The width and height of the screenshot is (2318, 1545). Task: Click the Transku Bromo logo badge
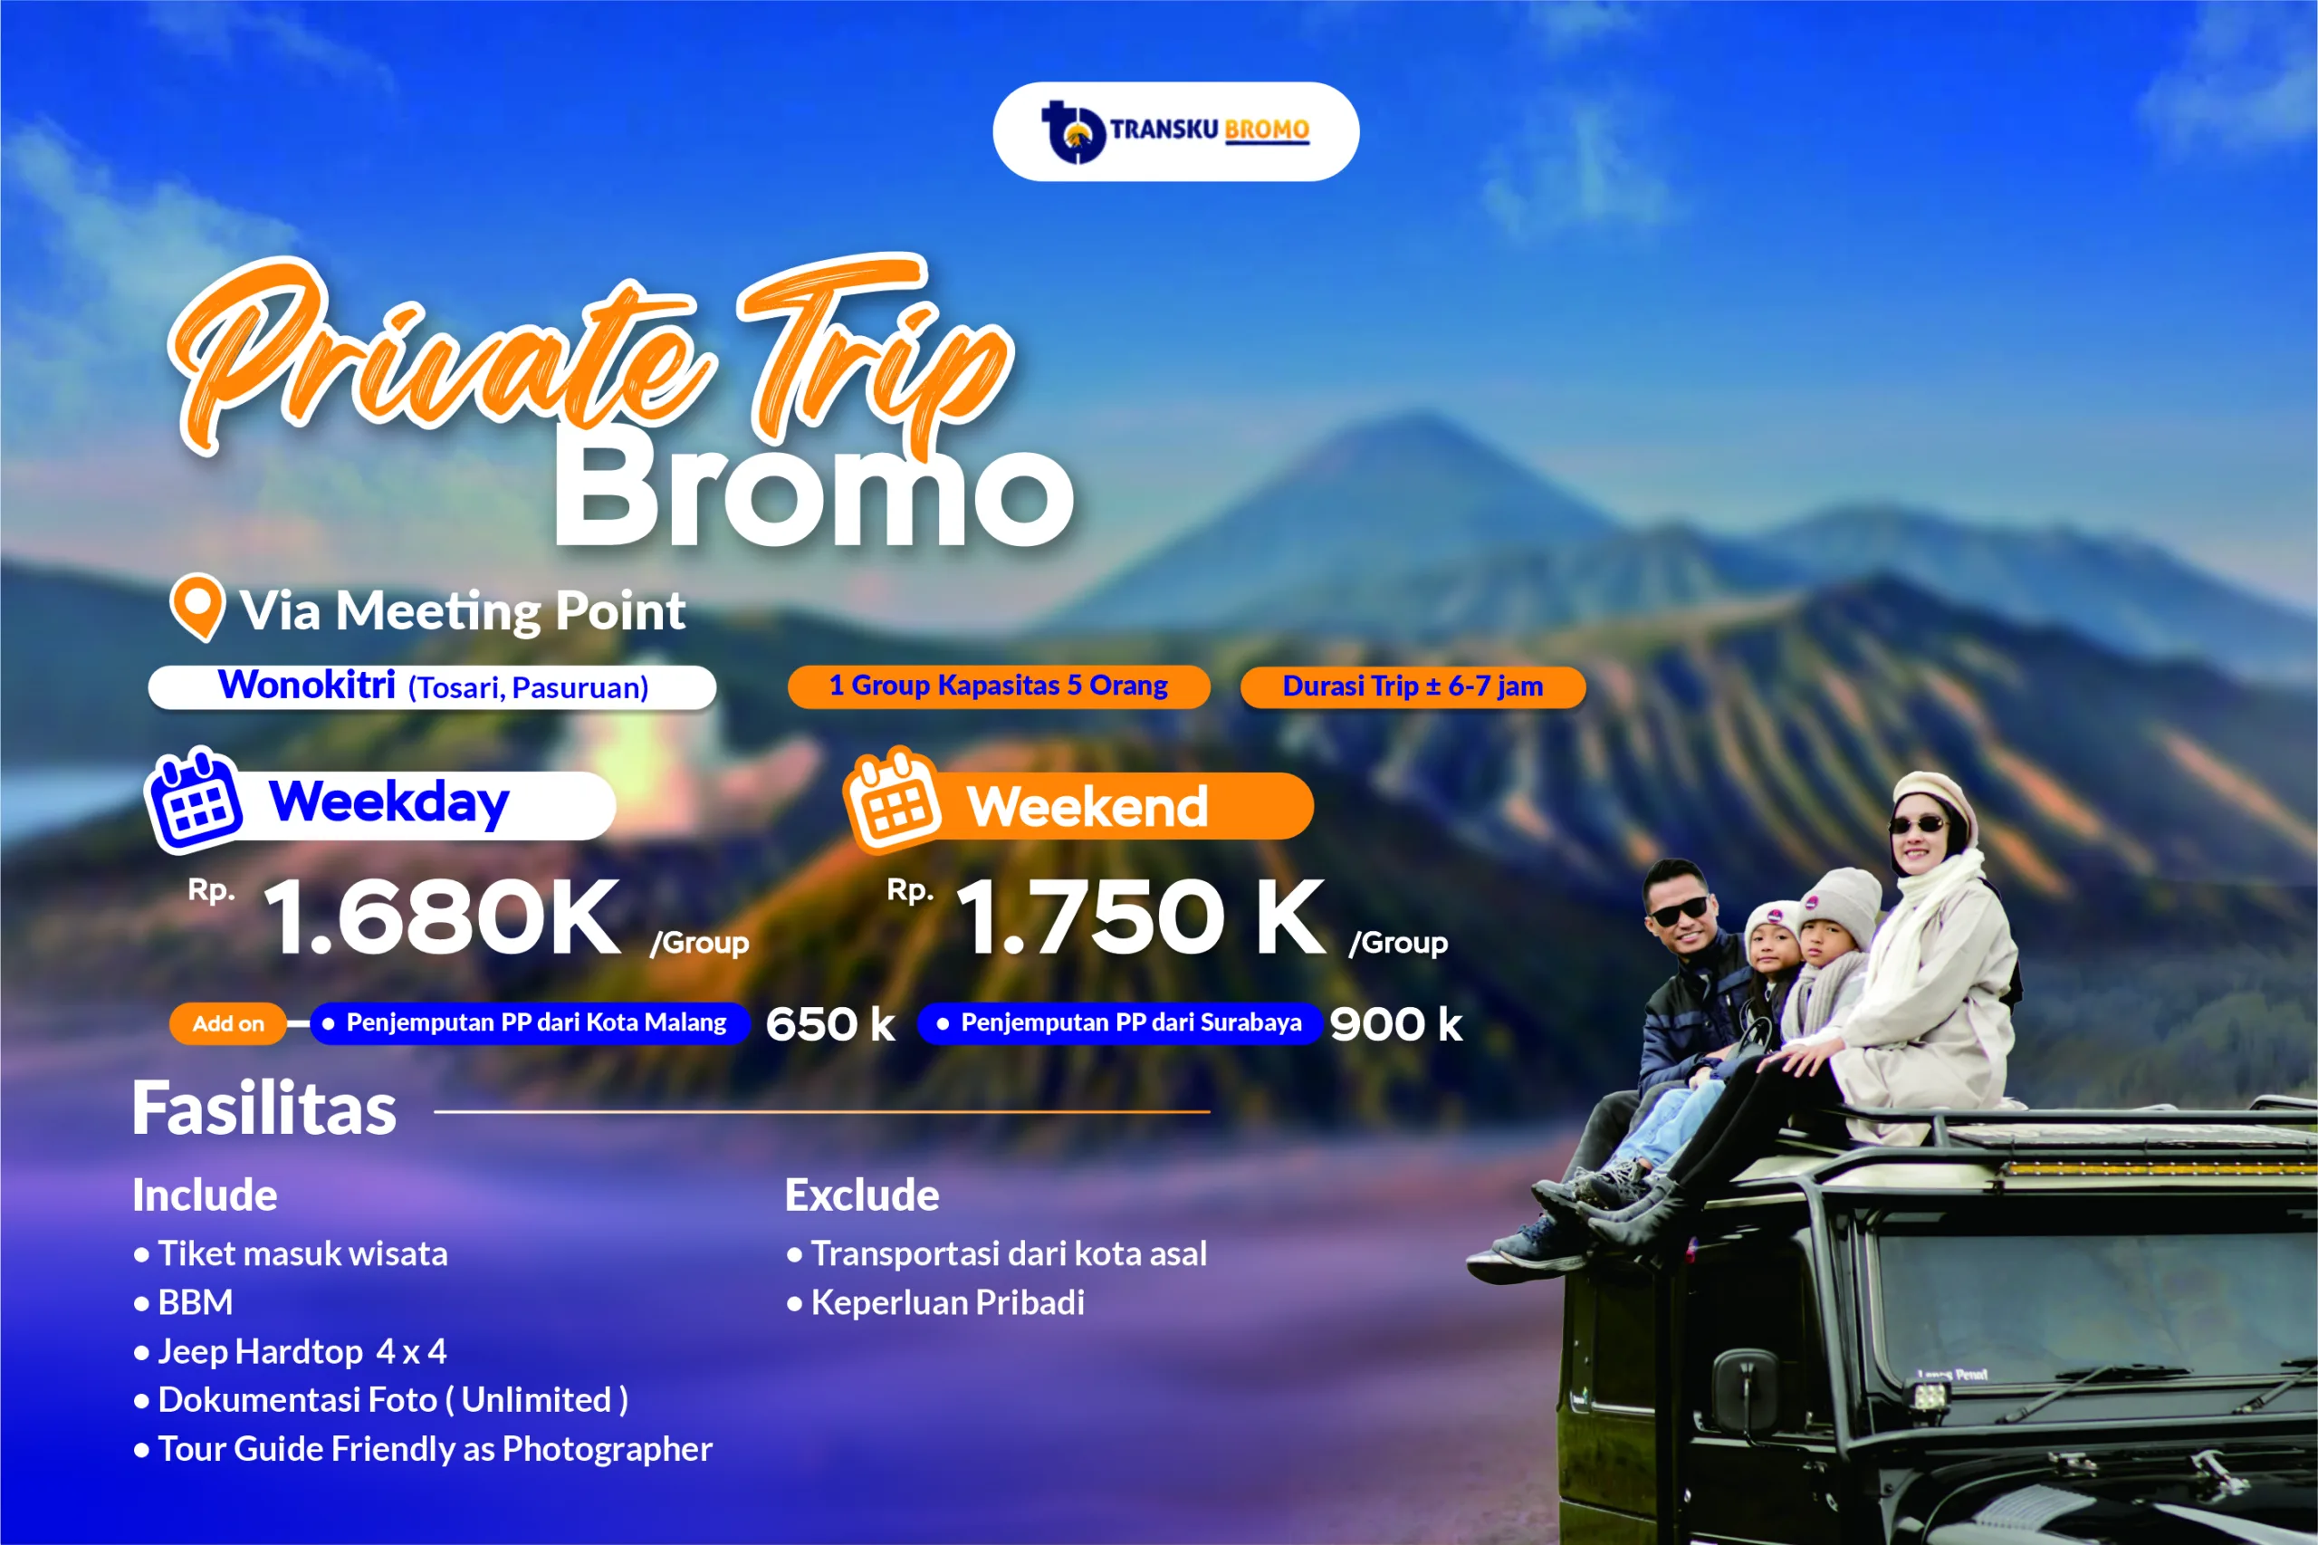[x=1175, y=131]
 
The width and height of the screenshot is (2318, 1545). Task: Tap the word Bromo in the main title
[x=813, y=491]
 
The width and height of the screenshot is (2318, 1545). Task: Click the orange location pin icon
[x=197, y=607]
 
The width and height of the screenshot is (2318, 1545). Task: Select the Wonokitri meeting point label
[x=433, y=686]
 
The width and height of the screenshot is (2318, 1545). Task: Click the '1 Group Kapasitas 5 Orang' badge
[x=999, y=686]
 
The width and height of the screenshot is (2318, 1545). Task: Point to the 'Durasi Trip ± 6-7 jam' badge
[x=1413, y=686]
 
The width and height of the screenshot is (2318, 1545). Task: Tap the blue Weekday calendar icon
[x=194, y=800]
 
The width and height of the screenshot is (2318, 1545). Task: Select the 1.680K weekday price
[x=442, y=917]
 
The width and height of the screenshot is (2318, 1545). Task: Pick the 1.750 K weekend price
[x=1141, y=917]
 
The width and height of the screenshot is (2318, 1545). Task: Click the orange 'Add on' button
[x=227, y=1023]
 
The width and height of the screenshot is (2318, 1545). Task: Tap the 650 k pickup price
[x=830, y=1023]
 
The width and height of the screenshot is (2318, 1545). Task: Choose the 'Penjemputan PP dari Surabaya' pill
[x=1120, y=1022]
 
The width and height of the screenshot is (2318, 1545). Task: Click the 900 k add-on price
[x=1396, y=1023]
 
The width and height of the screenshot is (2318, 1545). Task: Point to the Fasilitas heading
[x=264, y=1108]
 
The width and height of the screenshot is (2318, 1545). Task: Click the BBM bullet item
[x=184, y=1302]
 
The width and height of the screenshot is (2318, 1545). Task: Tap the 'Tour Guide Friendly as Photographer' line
[x=423, y=1449]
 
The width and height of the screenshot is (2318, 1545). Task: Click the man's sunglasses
[x=1680, y=911]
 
